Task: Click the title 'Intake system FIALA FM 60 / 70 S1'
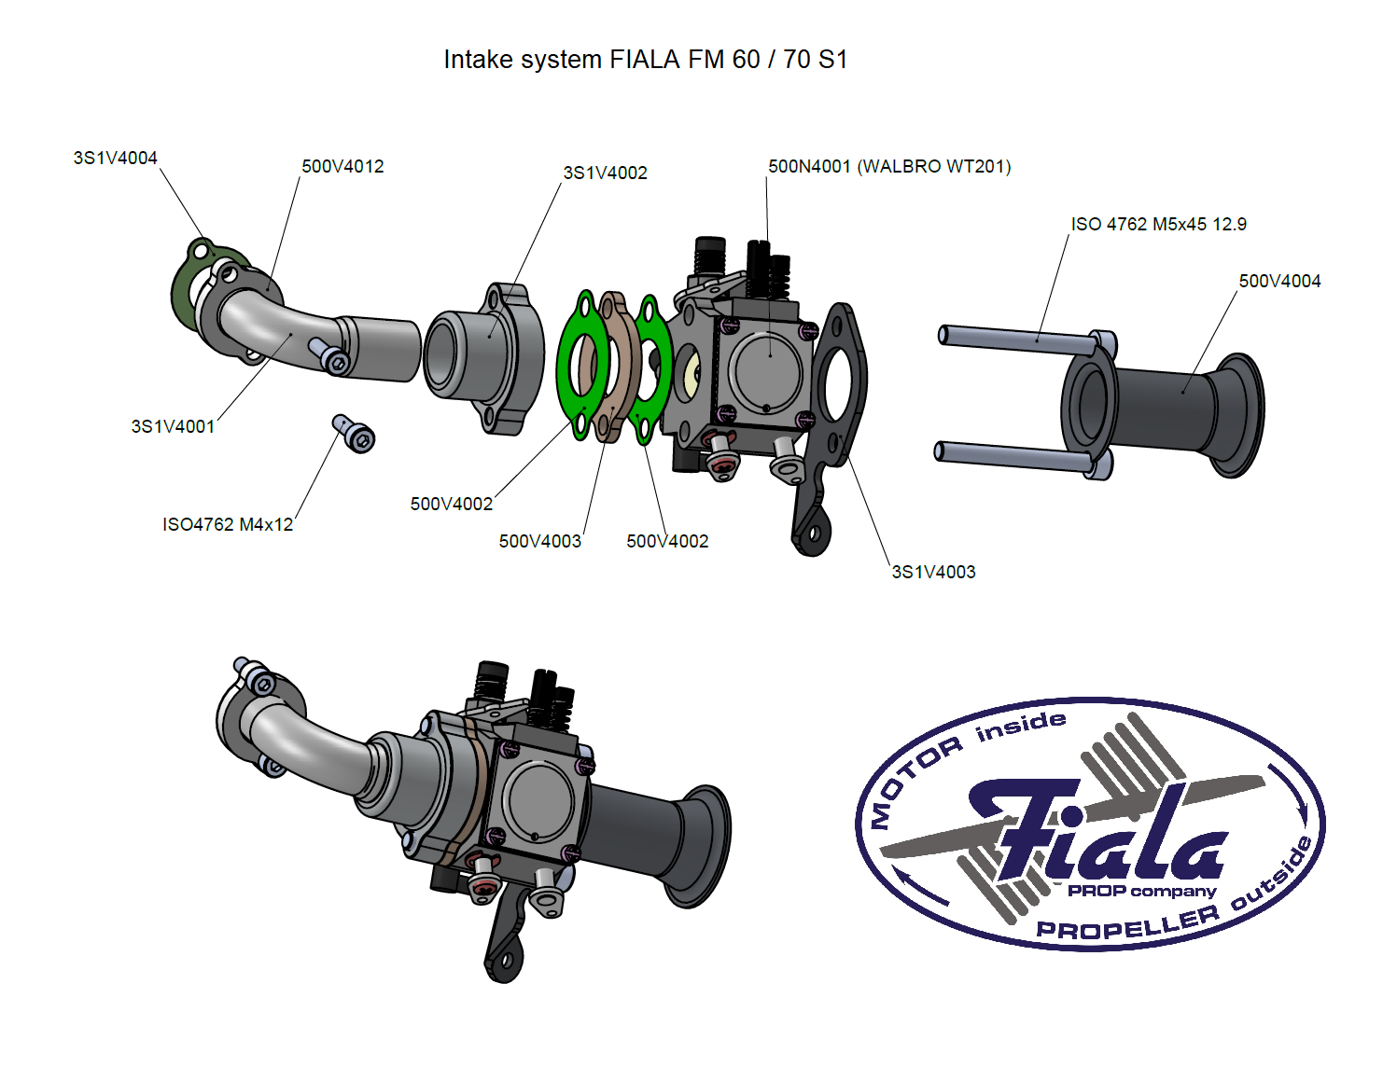tap(645, 60)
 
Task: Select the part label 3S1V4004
tap(115, 158)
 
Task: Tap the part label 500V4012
tap(342, 166)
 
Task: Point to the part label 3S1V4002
tap(605, 173)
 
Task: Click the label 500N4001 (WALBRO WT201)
tap(888, 166)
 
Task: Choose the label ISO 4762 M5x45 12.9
tap(1158, 224)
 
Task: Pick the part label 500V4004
tap(1279, 281)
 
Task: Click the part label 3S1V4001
tap(173, 426)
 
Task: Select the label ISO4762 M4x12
tap(228, 524)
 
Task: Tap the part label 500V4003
tap(539, 541)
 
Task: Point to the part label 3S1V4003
tap(933, 572)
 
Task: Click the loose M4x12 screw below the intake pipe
tap(355, 434)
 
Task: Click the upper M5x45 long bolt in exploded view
tap(1017, 338)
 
